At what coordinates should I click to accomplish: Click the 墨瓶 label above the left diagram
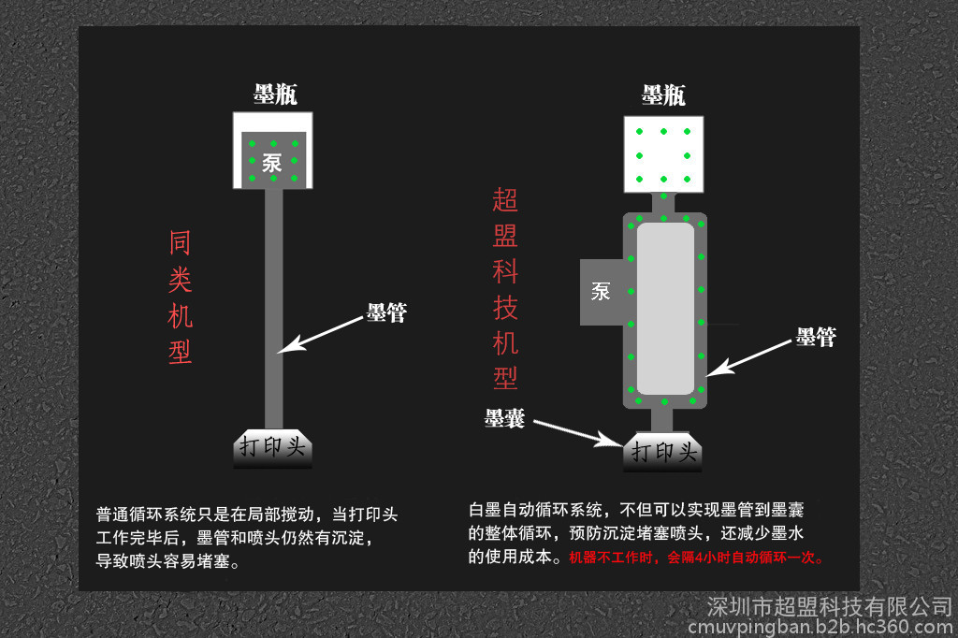point(276,94)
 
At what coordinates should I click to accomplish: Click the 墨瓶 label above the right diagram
point(663,95)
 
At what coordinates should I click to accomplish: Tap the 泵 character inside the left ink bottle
point(272,163)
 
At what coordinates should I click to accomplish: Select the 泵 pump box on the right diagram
point(602,292)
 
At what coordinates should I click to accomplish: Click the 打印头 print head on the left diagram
point(273,448)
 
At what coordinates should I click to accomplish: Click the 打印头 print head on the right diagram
point(663,452)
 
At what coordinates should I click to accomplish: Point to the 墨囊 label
point(504,418)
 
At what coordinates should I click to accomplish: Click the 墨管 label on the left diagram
point(386,312)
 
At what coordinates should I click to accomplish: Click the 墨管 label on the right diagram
point(816,337)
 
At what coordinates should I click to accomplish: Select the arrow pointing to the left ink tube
point(320,335)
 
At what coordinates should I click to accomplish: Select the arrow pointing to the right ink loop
point(749,358)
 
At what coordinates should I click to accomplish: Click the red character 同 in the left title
point(181,242)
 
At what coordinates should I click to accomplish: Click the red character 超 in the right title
point(505,200)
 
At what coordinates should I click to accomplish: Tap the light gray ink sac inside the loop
point(665,309)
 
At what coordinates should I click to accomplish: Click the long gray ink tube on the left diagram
point(274,309)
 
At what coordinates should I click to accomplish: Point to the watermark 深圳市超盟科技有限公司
point(830,607)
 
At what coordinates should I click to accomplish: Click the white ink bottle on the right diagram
point(663,154)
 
